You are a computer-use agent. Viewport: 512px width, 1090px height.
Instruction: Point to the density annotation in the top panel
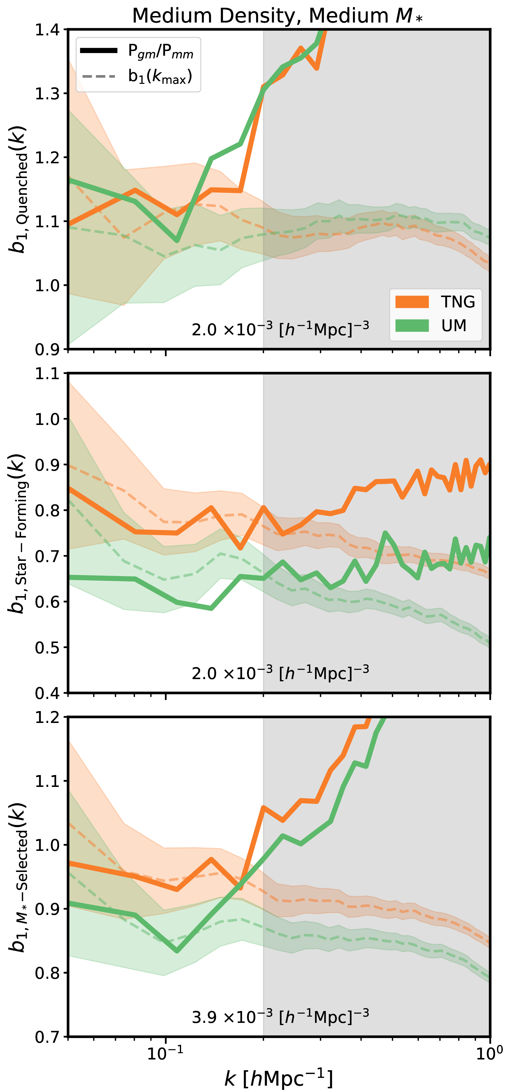tap(280, 329)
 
